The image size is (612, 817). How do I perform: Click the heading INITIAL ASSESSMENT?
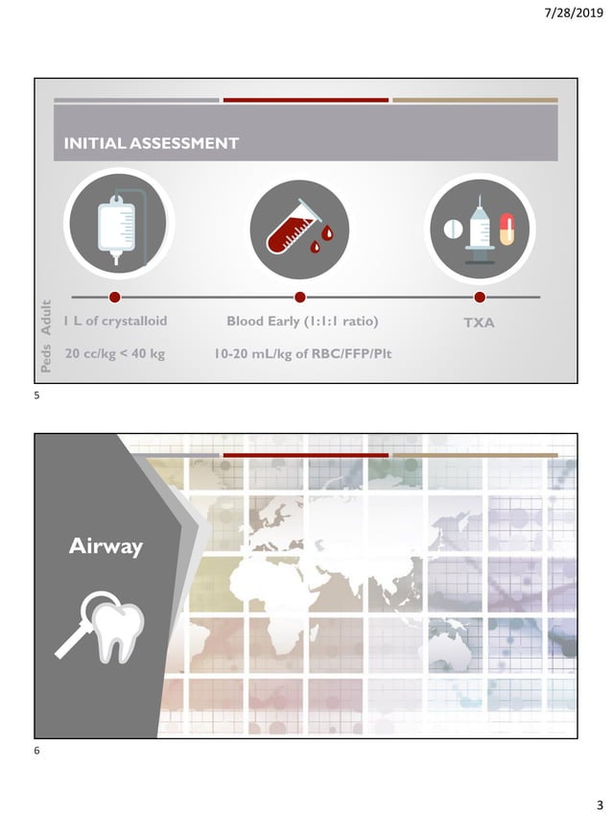(151, 144)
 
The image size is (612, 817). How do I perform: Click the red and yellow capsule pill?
(507, 230)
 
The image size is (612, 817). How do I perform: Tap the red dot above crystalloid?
(115, 297)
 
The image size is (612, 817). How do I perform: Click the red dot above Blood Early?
(299, 297)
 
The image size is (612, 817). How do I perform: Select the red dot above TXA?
(480, 297)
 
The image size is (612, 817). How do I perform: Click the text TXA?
(479, 323)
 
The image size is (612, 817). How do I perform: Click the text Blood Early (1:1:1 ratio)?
(302, 322)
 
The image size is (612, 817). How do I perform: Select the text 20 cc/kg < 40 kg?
(114, 354)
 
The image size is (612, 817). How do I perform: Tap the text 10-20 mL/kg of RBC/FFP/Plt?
(303, 354)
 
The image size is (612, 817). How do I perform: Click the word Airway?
(106, 547)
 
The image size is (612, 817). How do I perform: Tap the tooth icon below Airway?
(113, 629)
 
